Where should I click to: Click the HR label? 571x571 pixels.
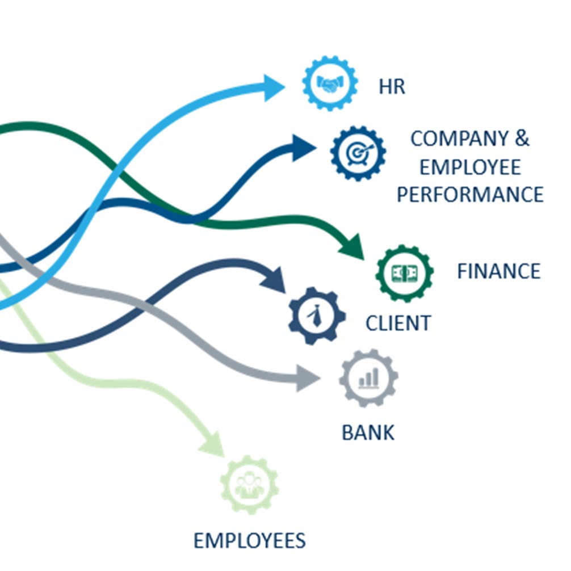point(392,87)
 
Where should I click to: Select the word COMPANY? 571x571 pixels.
point(459,138)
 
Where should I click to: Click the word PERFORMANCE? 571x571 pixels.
point(470,195)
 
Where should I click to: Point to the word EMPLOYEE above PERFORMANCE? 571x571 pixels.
point(470,167)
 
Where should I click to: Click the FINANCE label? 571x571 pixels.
point(498,271)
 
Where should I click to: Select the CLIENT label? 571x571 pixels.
point(398,324)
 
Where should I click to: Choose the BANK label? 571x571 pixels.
point(368,433)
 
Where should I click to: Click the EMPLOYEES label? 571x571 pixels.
point(249,540)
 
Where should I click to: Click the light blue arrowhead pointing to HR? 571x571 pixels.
point(273,88)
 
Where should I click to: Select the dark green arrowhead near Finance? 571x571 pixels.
point(352,247)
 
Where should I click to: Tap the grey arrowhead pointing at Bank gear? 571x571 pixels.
point(307,379)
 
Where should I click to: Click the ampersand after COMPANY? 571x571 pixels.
point(522,138)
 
